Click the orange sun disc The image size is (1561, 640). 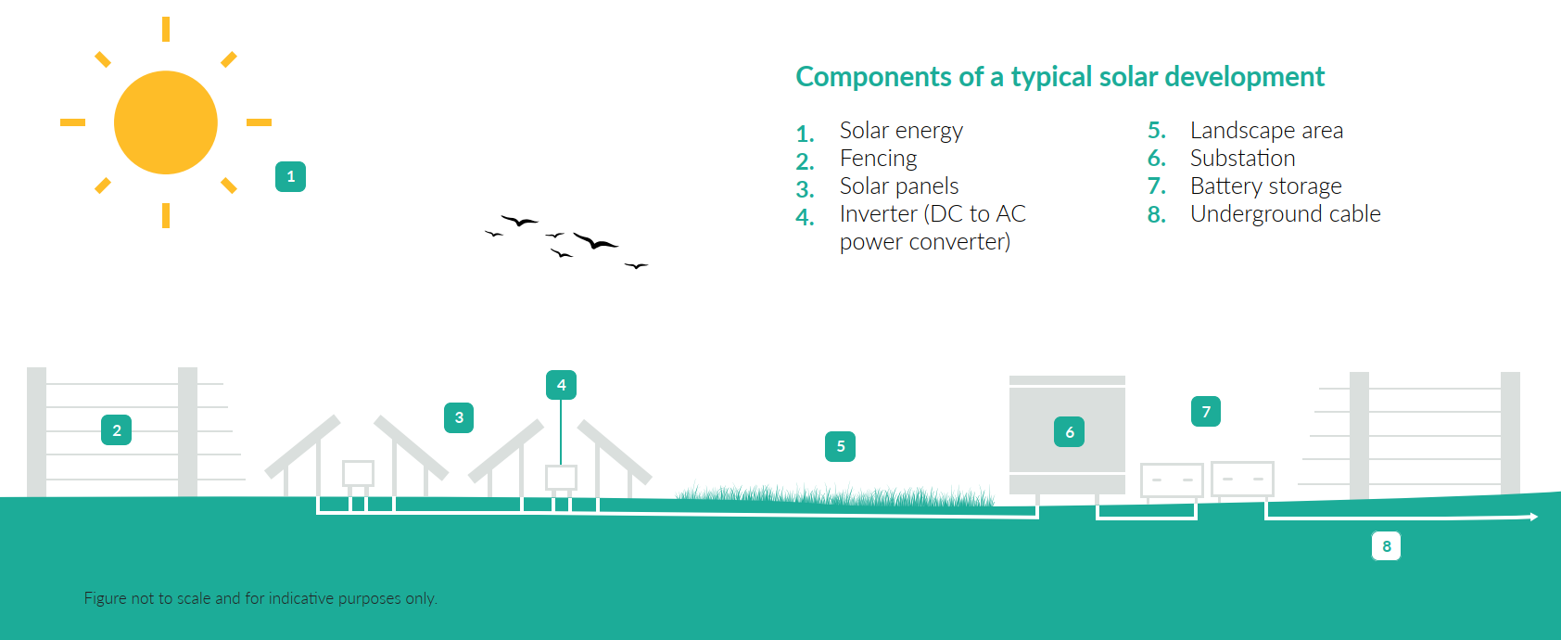(166, 122)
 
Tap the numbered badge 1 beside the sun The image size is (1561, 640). (290, 176)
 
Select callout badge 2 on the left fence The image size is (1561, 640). (117, 430)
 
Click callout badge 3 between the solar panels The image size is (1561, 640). (459, 417)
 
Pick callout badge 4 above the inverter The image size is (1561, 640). (561, 385)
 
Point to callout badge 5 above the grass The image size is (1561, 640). (841, 446)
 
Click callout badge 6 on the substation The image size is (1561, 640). (1069, 432)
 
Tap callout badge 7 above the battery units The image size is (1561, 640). (1206, 411)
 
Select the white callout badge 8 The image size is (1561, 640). (1386, 546)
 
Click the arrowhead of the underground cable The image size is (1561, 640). (1534, 517)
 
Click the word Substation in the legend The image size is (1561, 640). (1242, 159)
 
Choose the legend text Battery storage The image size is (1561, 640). (1265, 186)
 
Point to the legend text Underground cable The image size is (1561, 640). (1285, 215)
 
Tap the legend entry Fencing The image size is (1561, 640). (878, 159)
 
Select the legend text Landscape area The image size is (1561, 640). (1266, 131)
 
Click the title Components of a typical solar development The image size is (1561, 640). (1060, 77)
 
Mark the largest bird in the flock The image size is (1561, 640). (594, 241)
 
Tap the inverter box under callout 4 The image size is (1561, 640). (561, 478)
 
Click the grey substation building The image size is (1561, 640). (1067, 435)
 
